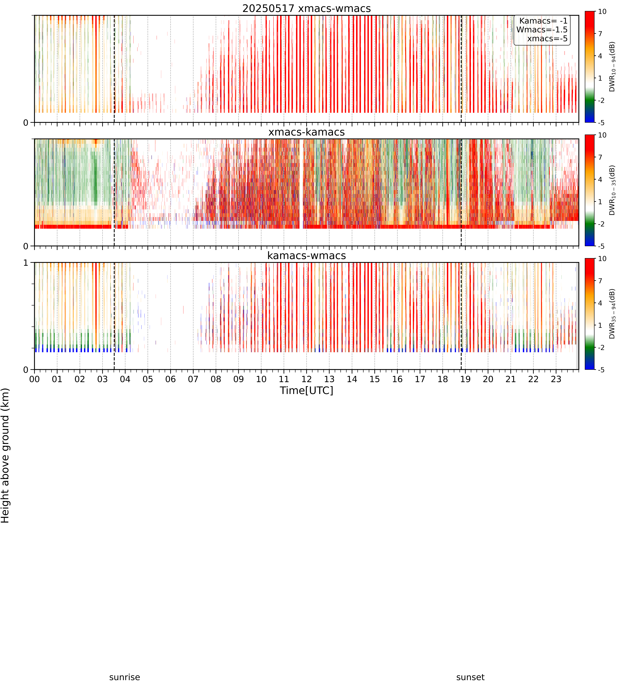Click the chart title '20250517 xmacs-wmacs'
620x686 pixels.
[307, 8]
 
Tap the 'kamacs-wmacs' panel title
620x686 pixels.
[307, 256]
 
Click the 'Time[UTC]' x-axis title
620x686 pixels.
[307, 390]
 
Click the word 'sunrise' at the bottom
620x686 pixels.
[125, 677]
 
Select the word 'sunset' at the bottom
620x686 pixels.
[470, 677]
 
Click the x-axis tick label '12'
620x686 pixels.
[307, 379]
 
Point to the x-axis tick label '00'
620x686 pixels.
[34, 379]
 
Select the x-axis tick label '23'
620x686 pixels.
[556, 379]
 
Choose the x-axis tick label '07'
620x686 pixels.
[193, 379]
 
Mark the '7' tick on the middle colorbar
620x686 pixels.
[600, 157]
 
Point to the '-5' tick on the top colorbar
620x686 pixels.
[601, 122]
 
